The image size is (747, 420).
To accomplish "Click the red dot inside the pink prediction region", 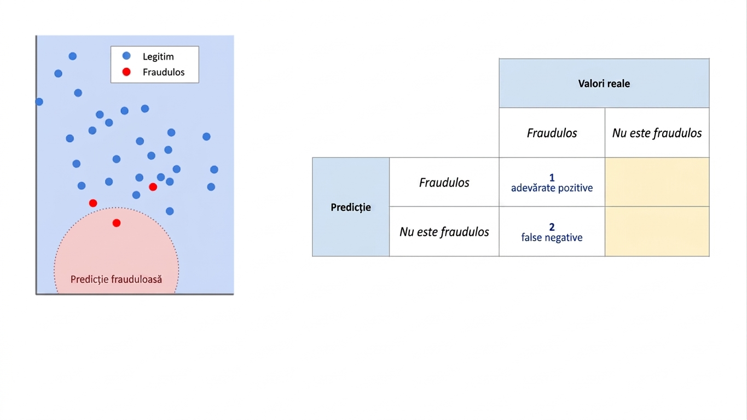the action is coord(117,223).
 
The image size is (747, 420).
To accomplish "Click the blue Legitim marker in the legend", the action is coord(126,56).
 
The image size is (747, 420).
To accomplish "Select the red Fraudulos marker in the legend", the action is coord(126,72).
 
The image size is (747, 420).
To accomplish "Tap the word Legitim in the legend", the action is coord(158,57).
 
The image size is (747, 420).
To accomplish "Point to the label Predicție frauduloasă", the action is coord(116,279).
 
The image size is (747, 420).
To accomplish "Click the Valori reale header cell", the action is coord(604,83).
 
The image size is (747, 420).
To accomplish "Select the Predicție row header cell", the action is coord(351,207).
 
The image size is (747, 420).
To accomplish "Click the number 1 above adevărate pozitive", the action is coord(552,178).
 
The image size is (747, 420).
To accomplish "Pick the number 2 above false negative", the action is coord(552,227).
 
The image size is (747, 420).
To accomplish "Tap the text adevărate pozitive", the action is coord(552,188).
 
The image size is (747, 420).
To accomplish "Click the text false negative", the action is coord(552,237).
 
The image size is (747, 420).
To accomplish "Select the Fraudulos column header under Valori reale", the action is coord(552,133).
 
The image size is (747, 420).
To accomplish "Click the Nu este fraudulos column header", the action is coord(657,133).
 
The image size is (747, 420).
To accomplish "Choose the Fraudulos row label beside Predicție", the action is coord(444,182).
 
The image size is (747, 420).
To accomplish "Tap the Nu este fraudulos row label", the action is coord(444,232).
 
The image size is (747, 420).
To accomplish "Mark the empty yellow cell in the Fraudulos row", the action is coord(657,182).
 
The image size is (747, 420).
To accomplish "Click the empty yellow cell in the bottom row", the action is coord(657,232).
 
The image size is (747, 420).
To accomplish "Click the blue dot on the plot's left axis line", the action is coord(39,102).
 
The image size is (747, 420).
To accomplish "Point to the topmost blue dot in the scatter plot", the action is coord(73,56).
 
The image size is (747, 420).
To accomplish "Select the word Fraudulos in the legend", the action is coord(164,72).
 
